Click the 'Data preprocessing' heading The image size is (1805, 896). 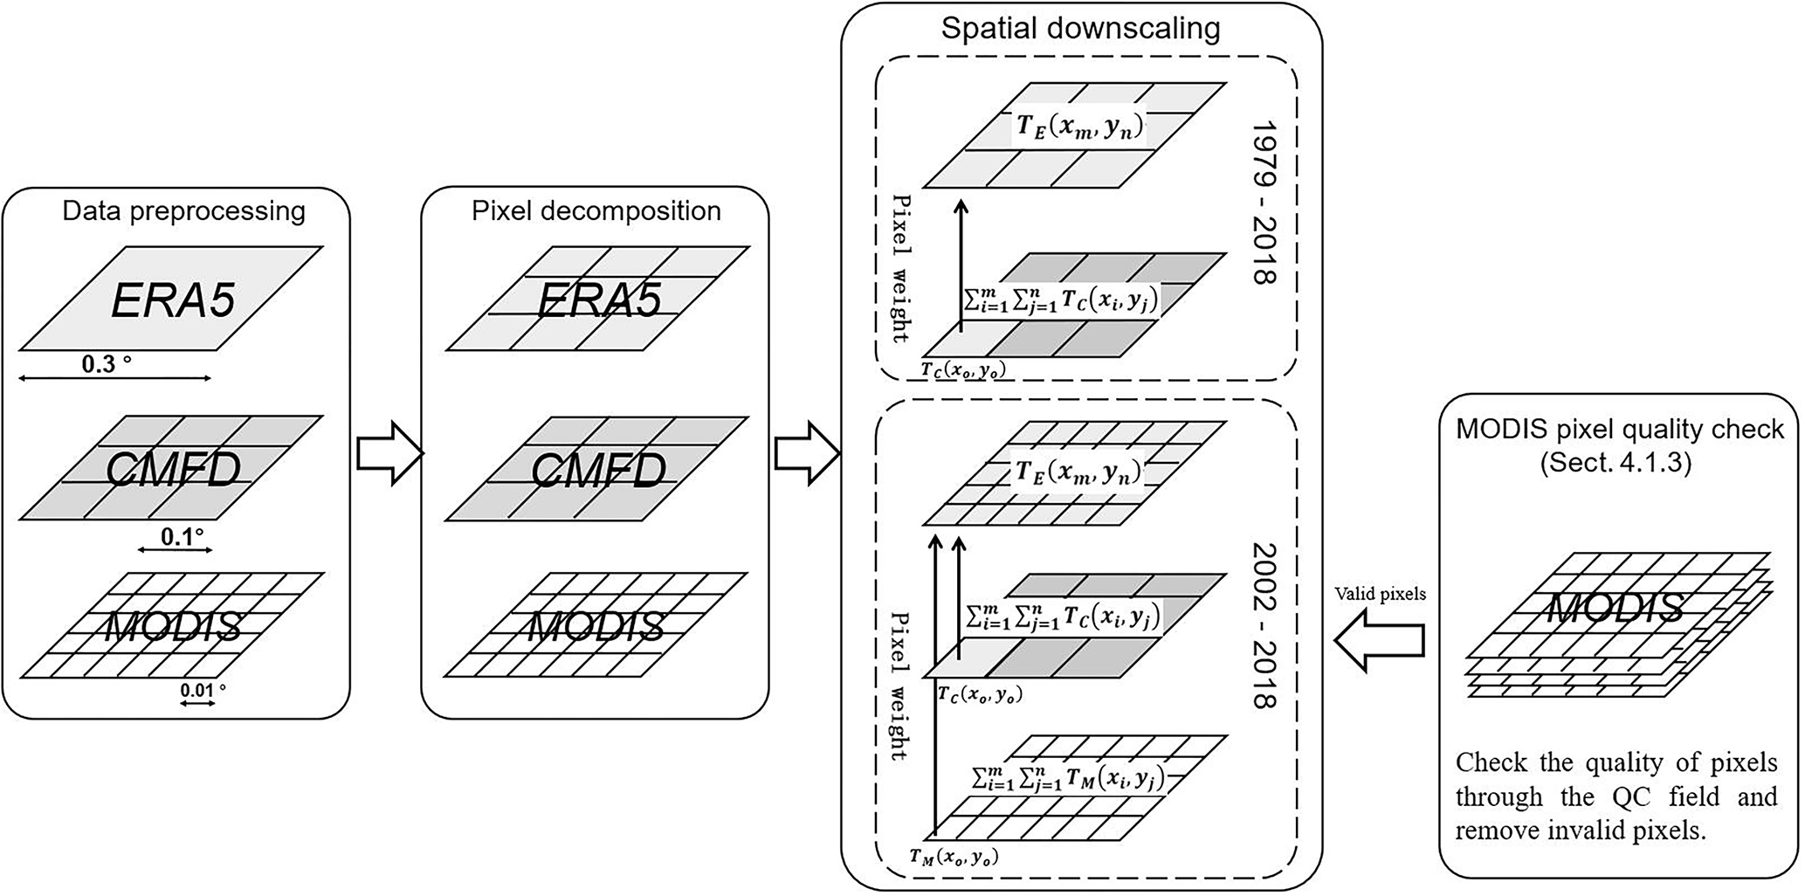[x=183, y=211]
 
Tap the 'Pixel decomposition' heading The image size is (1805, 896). [x=596, y=211]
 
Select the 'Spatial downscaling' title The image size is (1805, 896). [x=1080, y=28]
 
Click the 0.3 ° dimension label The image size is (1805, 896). [x=107, y=364]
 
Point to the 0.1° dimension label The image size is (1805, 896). [x=183, y=536]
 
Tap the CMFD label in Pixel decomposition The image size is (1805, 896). [x=598, y=472]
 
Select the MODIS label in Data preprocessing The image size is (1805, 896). [x=173, y=627]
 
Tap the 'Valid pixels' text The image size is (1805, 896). [x=1380, y=594]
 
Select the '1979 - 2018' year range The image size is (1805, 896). [x=1264, y=203]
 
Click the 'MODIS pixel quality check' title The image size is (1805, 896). [x=1620, y=430]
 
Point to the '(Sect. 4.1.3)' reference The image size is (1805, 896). [x=1616, y=462]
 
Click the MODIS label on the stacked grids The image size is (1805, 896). [x=1616, y=608]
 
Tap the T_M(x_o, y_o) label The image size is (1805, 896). [x=954, y=858]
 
